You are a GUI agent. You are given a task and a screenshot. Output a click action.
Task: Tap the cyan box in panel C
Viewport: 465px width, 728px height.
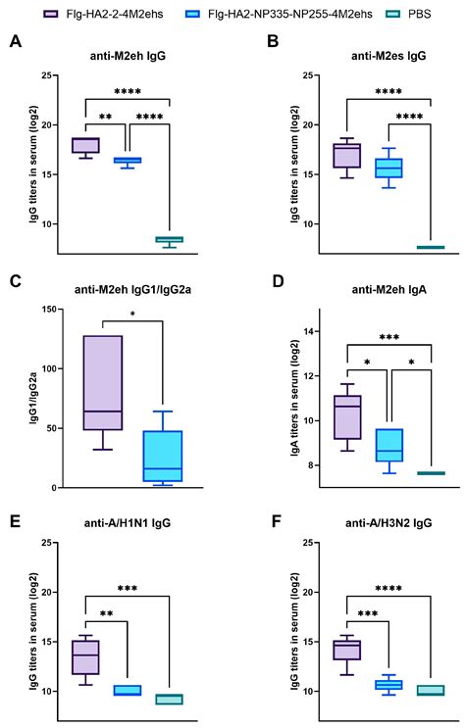pyautogui.click(x=163, y=457)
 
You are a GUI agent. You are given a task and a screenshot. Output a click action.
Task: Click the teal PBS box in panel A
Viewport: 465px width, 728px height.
pyautogui.click(x=170, y=239)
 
